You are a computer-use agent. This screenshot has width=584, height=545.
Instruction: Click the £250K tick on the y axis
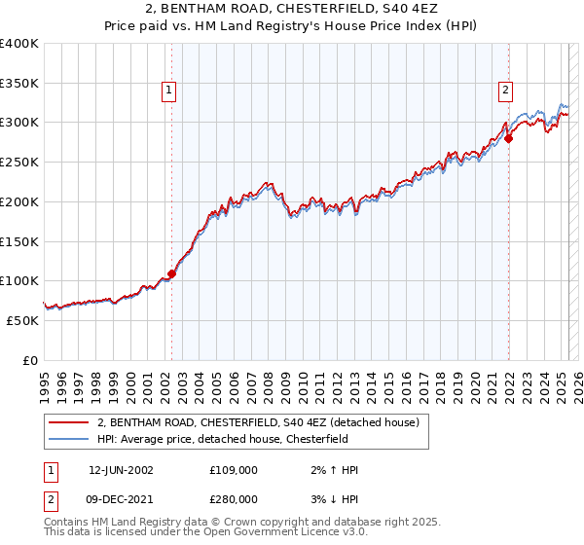(18, 163)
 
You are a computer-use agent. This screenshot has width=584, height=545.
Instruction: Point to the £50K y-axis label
(21, 320)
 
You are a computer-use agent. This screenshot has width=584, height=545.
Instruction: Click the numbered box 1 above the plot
(169, 91)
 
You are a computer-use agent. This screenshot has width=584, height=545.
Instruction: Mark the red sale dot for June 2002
(172, 274)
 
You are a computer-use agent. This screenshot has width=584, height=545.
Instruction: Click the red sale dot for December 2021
(509, 139)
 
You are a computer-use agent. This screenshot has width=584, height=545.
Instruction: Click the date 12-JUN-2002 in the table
(121, 470)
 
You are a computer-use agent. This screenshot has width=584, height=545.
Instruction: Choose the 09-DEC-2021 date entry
(122, 499)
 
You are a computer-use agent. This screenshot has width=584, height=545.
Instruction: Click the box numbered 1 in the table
(50, 470)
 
